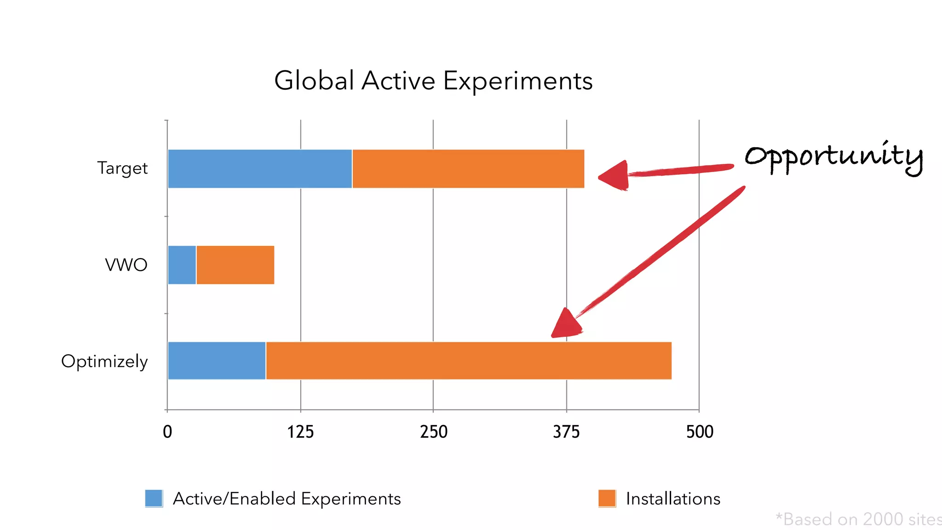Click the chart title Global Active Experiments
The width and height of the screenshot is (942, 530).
[x=433, y=81]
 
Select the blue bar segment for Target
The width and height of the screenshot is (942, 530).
[x=260, y=169]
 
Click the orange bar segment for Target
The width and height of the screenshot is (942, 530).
[x=468, y=169]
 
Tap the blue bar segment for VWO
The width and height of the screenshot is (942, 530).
[x=182, y=265]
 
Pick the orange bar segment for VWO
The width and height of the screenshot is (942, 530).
[x=235, y=265]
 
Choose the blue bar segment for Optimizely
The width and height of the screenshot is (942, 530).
[x=217, y=361]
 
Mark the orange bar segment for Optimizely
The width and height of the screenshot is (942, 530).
[x=468, y=361]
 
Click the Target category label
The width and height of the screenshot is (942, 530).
[x=122, y=168]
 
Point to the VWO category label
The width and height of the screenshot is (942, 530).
[x=126, y=265]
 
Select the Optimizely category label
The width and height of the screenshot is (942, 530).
[x=104, y=362]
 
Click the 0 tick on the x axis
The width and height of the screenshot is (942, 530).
[x=167, y=432]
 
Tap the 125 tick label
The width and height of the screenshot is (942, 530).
[x=300, y=432]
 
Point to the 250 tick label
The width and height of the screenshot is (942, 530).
[x=433, y=432]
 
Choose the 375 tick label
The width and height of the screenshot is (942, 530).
[x=566, y=432]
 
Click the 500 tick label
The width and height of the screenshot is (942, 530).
[x=700, y=432]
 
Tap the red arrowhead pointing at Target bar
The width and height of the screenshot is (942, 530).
[x=615, y=176]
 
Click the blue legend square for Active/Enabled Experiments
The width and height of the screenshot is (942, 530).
[x=154, y=498]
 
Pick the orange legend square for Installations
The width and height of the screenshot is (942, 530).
[x=607, y=498]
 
